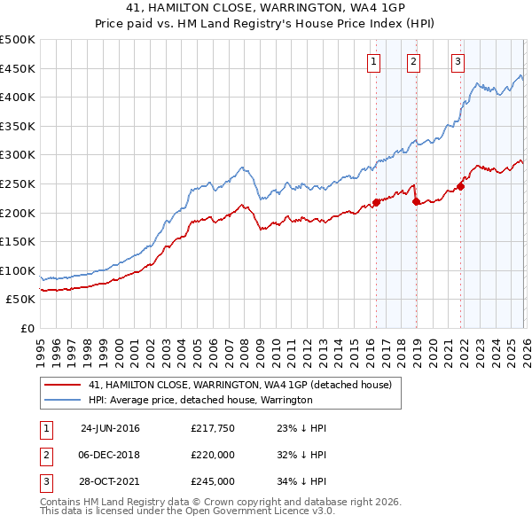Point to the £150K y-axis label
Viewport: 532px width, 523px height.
(18, 241)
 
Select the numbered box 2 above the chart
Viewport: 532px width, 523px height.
(414, 61)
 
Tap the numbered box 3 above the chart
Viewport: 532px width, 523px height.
(458, 61)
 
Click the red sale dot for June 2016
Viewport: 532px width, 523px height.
(376, 202)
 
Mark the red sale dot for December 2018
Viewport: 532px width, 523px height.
(416, 201)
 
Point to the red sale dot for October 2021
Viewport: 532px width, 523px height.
(461, 186)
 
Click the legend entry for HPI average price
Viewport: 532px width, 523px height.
(200, 400)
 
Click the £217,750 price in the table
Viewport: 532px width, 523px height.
(212, 428)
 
